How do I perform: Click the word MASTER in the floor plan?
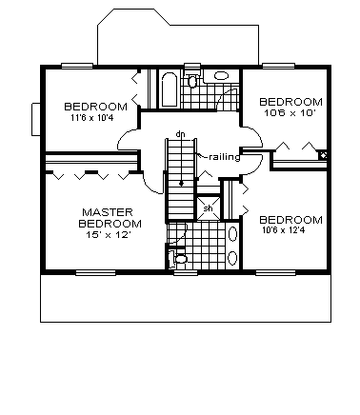[106, 211]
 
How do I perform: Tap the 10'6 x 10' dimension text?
[290, 111]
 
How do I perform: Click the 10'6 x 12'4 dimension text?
[290, 229]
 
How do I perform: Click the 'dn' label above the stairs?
[179, 133]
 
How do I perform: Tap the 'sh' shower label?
[208, 208]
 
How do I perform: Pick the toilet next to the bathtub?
[193, 82]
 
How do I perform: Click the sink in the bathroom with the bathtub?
[220, 77]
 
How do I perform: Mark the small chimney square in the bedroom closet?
[324, 155]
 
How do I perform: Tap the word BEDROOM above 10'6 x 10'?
[290, 101]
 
